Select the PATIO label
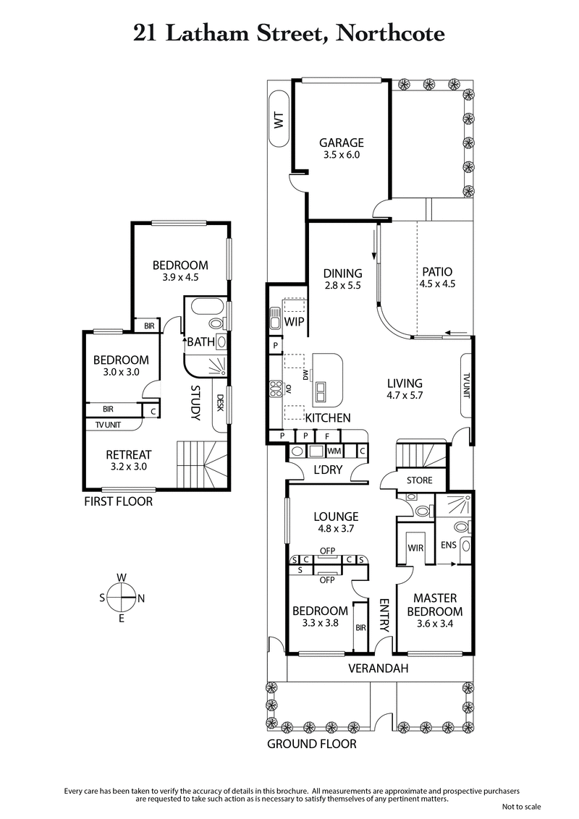coord(437,272)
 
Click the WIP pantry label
coord(293,321)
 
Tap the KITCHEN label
coord(327,418)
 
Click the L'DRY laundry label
coord(327,471)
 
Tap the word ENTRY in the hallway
coord(384,615)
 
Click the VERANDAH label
coord(378,669)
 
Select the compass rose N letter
coord(141,598)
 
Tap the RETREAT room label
coord(128,454)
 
